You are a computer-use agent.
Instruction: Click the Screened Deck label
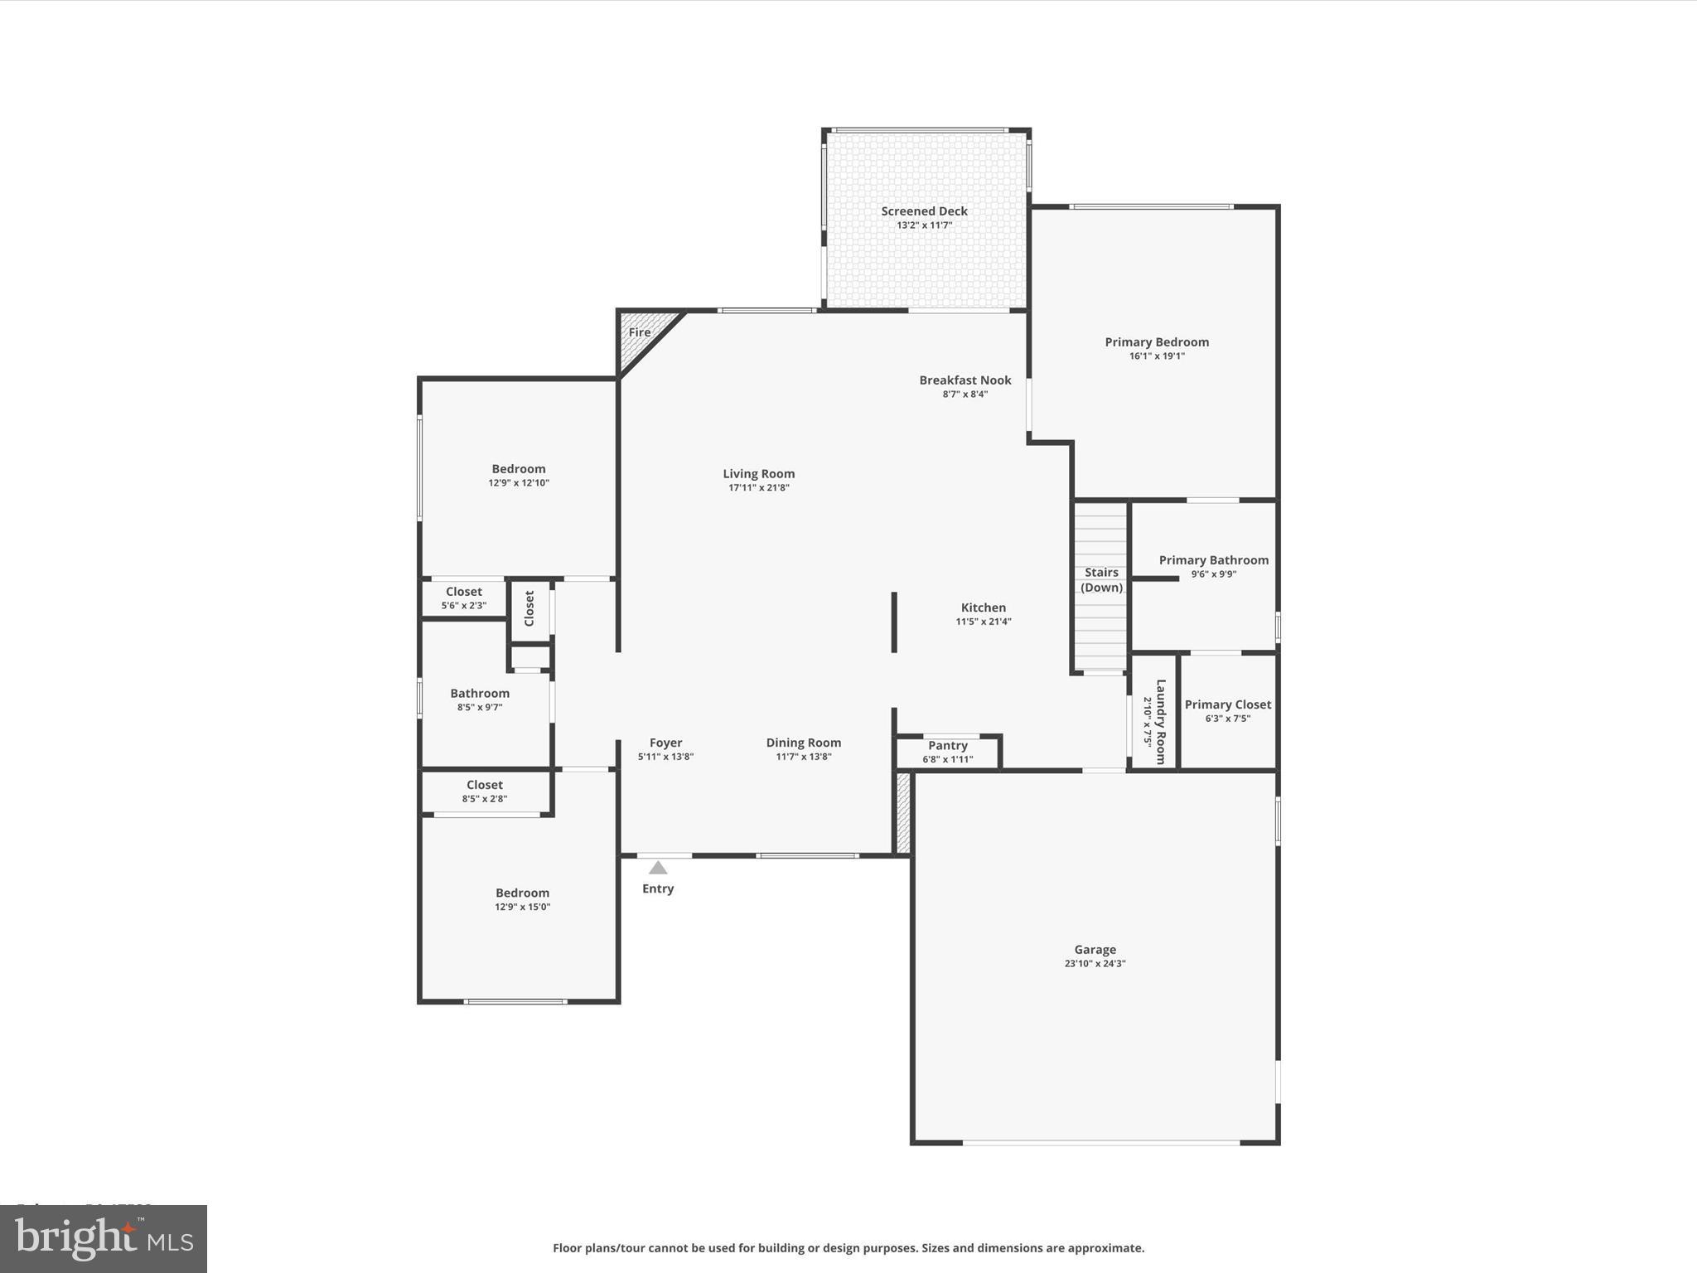[x=924, y=211]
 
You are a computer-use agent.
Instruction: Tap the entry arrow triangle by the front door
[x=658, y=868]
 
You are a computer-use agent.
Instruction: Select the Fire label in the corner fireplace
[x=640, y=332]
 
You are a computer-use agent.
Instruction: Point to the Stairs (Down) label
[x=1101, y=580]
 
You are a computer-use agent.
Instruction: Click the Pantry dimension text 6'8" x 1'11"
[x=948, y=759]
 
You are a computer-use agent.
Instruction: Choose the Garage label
[x=1095, y=950]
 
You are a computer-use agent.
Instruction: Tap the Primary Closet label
[x=1227, y=704]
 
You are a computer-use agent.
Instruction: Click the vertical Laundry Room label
[x=1161, y=721]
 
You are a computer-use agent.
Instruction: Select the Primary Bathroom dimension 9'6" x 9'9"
[x=1214, y=574]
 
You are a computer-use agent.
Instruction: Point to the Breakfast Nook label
[x=965, y=380]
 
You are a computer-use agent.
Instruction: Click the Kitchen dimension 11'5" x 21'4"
[x=984, y=622]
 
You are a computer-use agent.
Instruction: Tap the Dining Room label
[x=803, y=743]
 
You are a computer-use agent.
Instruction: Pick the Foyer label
[x=665, y=743]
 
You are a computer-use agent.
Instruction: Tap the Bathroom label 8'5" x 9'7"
[x=480, y=694]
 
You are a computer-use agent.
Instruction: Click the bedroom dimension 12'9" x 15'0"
[x=522, y=907]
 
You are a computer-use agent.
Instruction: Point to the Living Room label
[x=758, y=474]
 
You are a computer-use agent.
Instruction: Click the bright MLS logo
[x=104, y=1238]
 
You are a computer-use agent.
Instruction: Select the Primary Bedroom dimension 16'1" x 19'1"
[x=1157, y=356]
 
